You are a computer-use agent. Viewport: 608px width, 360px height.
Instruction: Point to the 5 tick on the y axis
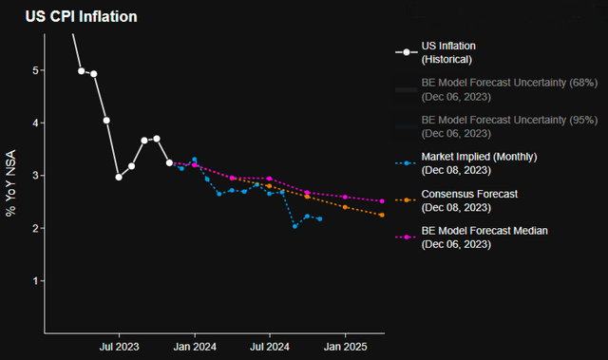(x=35, y=70)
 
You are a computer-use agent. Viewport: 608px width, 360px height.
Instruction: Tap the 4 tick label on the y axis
(x=35, y=123)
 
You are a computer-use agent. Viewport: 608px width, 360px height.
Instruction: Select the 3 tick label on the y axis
(x=35, y=176)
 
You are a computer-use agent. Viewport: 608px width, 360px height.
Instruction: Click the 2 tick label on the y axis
(x=35, y=229)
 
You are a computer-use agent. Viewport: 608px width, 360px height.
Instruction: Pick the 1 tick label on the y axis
(x=35, y=281)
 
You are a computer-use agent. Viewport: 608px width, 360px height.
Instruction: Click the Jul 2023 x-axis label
(x=119, y=347)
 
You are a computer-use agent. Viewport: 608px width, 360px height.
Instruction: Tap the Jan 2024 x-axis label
(x=195, y=347)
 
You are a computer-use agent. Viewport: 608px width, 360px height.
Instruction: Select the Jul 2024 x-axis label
(x=270, y=347)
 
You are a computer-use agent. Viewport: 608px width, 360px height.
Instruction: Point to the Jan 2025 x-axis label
(x=346, y=347)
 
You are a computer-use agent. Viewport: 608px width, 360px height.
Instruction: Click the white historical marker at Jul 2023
(x=119, y=177)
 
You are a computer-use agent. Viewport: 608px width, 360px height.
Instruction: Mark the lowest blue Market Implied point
(x=295, y=226)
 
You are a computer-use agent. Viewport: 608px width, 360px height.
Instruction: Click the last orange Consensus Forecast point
(x=382, y=215)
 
